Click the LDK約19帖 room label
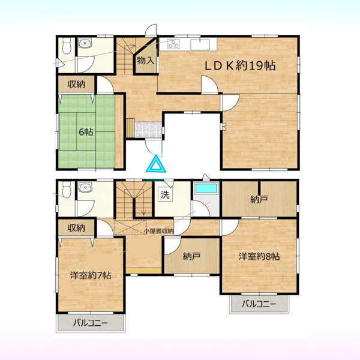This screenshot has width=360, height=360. point(240,66)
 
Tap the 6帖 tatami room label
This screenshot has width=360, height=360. point(86,132)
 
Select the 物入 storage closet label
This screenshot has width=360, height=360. point(145,61)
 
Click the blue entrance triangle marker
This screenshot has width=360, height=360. point(156,164)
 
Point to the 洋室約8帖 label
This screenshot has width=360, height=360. point(259,256)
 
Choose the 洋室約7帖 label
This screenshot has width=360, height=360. point(91,275)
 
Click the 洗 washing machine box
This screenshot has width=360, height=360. point(165,195)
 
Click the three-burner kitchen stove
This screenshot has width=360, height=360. point(173,44)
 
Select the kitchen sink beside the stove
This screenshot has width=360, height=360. point(200,44)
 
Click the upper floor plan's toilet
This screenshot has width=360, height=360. point(67,46)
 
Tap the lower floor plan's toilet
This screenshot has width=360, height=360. point(67,190)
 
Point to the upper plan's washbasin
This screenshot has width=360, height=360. point(85,43)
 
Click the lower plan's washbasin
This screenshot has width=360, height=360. point(85,187)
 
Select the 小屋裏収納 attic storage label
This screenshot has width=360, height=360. point(158,231)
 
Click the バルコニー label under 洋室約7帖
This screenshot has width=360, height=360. point(91,323)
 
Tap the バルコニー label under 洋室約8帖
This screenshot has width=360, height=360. point(259,304)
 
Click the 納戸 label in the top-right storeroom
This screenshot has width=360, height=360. point(259,200)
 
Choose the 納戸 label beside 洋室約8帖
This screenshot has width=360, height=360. point(192,256)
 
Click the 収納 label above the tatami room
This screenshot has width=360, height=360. point(76,85)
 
